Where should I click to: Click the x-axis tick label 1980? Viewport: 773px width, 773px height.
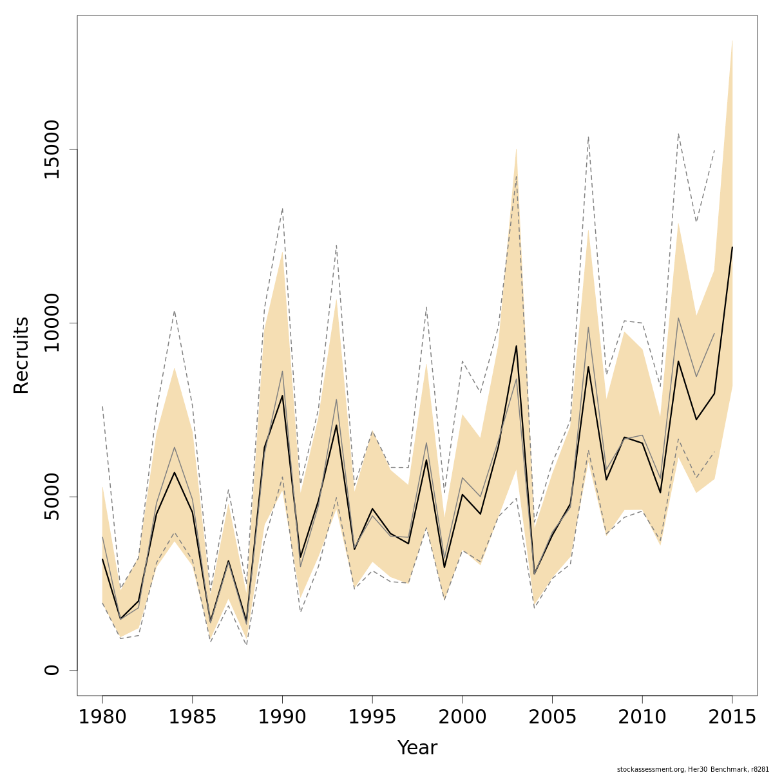(102, 717)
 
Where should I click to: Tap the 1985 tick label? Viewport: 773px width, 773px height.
(193, 717)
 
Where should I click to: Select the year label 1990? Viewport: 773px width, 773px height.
(282, 717)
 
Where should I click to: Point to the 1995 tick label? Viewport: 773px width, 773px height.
(372, 717)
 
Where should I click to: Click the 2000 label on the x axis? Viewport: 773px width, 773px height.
(462, 717)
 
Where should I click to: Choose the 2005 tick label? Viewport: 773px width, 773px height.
(552, 717)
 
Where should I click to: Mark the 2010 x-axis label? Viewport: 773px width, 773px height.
(642, 717)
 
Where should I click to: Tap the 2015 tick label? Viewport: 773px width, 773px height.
(732, 717)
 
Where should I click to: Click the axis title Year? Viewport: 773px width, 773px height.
(417, 748)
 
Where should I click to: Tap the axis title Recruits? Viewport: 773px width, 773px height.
(21, 355)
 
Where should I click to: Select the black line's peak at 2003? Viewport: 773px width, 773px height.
(516, 347)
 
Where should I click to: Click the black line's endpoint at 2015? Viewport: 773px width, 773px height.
(732, 247)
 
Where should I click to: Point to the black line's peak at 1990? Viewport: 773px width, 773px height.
(282, 396)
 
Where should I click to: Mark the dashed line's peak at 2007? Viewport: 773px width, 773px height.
(588, 137)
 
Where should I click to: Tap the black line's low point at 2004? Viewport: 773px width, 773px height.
(534, 573)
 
